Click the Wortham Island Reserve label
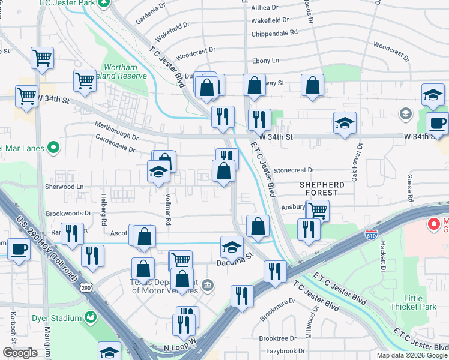125,71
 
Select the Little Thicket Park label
420,302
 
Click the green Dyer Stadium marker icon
91,316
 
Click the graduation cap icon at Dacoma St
232,247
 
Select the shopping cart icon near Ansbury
317,211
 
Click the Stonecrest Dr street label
294,170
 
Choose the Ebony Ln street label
266,61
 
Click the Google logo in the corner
20,353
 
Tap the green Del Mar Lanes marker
53,146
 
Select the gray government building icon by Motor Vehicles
207,284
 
